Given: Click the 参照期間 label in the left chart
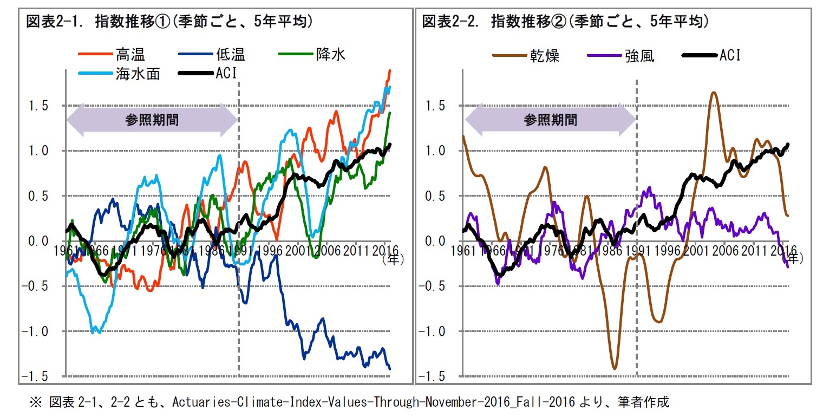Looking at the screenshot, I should point(152,120).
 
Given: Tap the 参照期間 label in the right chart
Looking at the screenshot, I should point(550,120).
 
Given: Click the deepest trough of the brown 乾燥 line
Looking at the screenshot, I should point(615,369).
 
